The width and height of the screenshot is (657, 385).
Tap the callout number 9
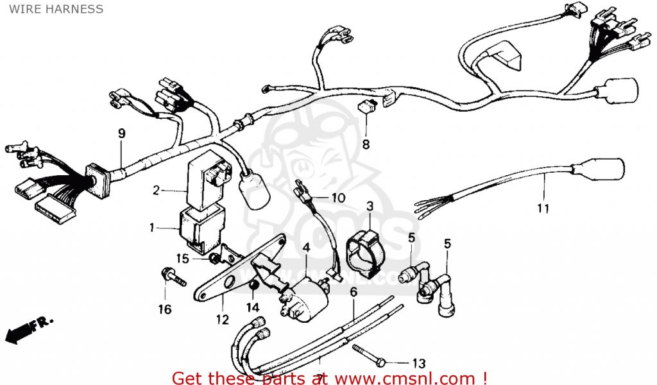tap(121, 133)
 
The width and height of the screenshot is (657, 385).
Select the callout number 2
tap(155, 190)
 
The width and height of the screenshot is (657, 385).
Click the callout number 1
tap(151, 227)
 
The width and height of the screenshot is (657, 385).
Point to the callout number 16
tap(165, 309)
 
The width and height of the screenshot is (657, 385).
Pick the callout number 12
tap(222, 319)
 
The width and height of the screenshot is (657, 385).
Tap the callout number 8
tap(366, 144)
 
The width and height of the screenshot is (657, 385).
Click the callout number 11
tap(543, 208)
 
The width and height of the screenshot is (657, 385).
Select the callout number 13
tap(419, 363)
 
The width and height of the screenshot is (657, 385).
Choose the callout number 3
tap(370, 206)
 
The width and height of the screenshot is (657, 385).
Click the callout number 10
tap(338, 198)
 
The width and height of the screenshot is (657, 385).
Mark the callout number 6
tap(353, 293)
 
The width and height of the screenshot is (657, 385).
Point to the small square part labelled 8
tap(366, 107)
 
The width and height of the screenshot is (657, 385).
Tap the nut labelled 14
tap(253, 285)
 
